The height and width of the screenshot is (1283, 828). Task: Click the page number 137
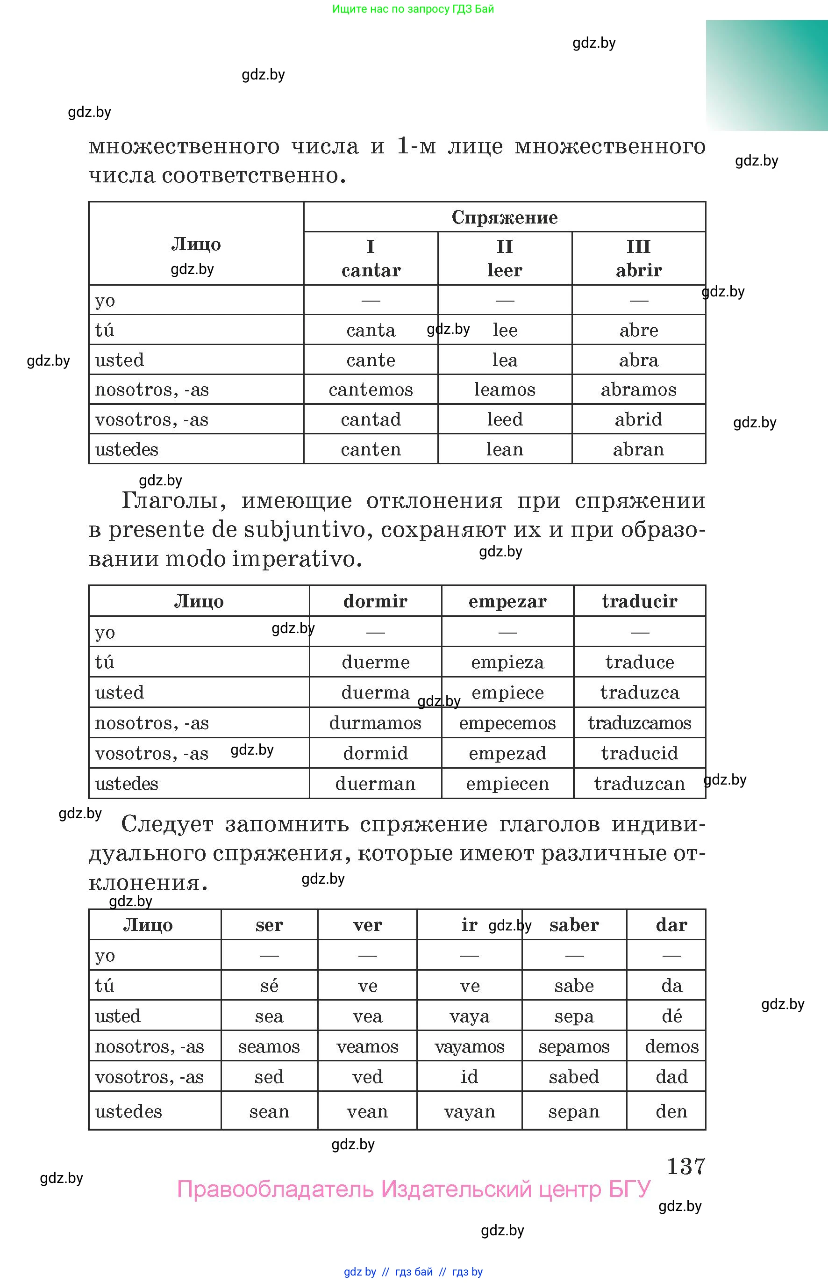click(685, 1166)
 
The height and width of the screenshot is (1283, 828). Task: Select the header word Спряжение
click(504, 217)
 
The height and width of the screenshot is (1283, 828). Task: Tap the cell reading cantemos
click(371, 389)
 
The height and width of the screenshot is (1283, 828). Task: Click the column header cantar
click(371, 270)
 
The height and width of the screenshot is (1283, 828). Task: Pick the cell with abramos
click(638, 389)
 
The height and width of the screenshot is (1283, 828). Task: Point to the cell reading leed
click(504, 419)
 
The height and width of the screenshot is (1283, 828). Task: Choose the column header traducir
click(639, 601)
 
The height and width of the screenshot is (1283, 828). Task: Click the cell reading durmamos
click(375, 722)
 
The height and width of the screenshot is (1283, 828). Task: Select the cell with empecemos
click(507, 722)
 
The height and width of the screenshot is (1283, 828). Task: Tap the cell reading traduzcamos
click(639, 722)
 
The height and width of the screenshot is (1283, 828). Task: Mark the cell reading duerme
click(375, 662)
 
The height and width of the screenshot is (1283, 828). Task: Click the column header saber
click(574, 925)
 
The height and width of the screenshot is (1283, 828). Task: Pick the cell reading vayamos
click(470, 1046)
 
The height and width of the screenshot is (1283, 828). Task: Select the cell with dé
click(671, 1016)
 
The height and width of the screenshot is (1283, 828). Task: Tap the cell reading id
click(470, 1076)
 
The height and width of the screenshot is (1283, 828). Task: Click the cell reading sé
click(269, 986)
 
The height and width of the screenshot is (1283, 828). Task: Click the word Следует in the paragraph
click(167, 824)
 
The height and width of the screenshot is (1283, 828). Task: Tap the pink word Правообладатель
click(275, 1189)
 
